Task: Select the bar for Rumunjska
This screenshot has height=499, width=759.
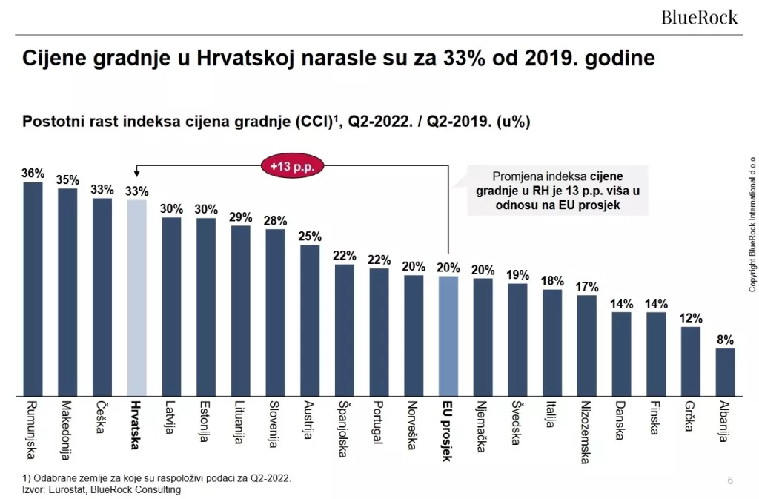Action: pyautogui.click(x=33, y=289)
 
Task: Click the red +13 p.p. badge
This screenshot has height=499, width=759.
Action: pyautogui.click(x=292, y=166)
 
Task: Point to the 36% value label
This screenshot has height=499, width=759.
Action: pyautogui.click(x=33, y=174)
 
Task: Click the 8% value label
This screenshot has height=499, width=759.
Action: pyautogui.click(x=725, y=340)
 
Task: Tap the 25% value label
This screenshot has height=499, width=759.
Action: pyautogui.click(x=310, y=237)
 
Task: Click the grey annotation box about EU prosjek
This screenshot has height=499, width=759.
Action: pyautogui.click(x=557, y=191)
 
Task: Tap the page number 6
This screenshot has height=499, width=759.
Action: pyautogui.click(x=730, y=481)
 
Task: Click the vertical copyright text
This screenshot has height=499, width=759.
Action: pyautogui.click(x=751, y=222)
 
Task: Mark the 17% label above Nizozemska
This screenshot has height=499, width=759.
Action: pyautogui.click(x=587, y=287)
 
